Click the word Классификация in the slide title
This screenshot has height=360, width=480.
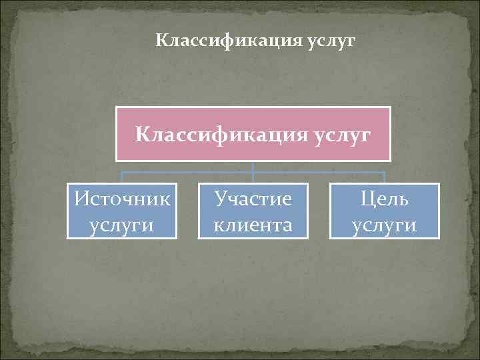(x=229, y=41)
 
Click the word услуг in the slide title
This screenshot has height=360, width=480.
(x=333, y=41)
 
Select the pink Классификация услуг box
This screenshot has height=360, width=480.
(x=253, y=134)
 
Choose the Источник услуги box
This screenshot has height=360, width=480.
(x=122, y=211)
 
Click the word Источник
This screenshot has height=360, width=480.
(x=122, y=199)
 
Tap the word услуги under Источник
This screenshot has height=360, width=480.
(x=122, y=225)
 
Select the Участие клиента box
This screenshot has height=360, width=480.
(x=253, y=211)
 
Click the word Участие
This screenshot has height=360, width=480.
(x=253, y=199)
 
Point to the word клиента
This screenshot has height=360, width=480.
(x=253, y=225)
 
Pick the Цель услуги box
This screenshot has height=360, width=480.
(x=385, y=211)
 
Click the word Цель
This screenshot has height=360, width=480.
(x=385, y=199)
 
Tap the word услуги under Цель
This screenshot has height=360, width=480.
(x=385, y=225)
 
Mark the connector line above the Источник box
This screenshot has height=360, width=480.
(x=122, y=177)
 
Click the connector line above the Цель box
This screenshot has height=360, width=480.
(x=385, y=177)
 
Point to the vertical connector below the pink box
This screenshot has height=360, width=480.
(x=253, y=167)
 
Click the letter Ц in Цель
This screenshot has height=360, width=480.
(x=368, y=199)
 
